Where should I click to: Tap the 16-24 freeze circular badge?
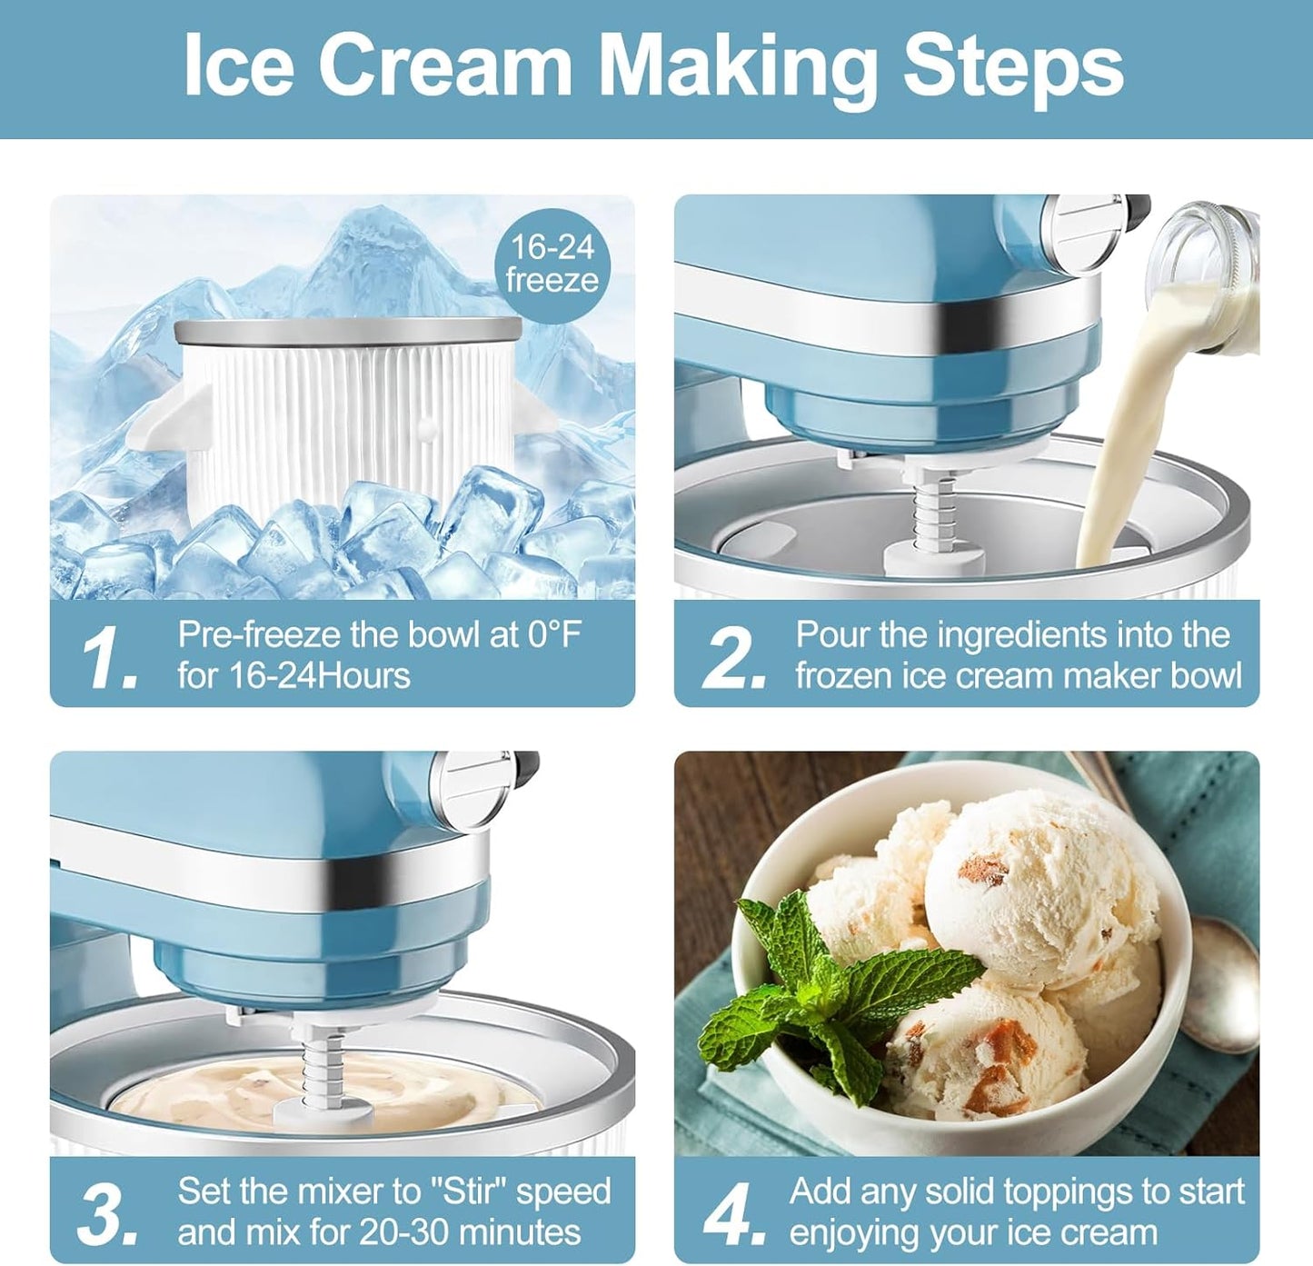(x=552, y=264)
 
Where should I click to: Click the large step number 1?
(x=108, y=657)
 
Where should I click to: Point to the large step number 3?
(x=108, y=1214)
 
